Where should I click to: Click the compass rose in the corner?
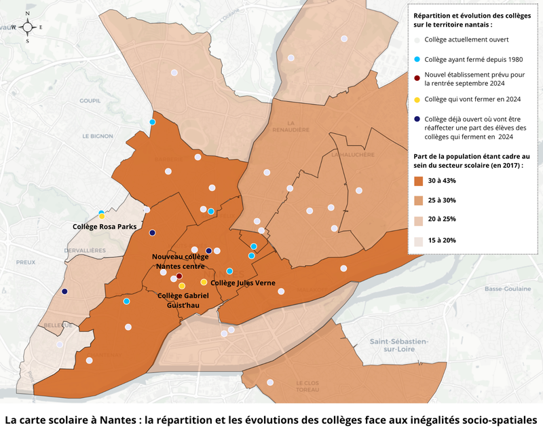(x=27, y=26)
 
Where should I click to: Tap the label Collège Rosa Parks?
(x=105, y=226)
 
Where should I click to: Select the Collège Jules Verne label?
(x=242, y=283)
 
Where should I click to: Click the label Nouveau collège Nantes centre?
(x=181, y=261)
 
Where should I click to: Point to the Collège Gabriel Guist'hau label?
(x=182, y=300)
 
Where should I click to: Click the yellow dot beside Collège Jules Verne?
(x=204, y=282)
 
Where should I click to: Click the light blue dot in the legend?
(x=417, y=59)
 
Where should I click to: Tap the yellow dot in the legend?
(x=417, y=99)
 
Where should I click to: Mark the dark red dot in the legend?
(x=417, y=75)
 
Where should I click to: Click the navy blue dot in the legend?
(x=417, y=119)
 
